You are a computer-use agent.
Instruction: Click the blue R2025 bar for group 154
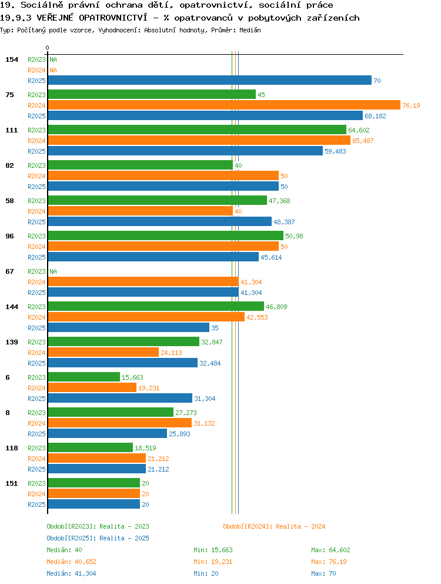click(210, 81)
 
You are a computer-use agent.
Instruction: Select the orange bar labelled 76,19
click(225, 105)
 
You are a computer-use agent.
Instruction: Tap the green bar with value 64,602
click(197, 130)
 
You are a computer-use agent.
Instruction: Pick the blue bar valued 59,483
click(185, 151)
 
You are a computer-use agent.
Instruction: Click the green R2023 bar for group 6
click(84, 377)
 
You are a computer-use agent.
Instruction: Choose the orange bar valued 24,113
click(103, 352)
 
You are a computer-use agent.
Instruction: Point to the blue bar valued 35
click(129, 327)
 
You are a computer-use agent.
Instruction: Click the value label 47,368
click(279, 201)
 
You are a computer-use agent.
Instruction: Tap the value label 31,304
click(205, 399)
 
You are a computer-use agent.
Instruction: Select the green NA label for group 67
click(54, 271)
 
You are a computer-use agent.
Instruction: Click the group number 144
click(12, 307)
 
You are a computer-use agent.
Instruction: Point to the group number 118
click(12, 448)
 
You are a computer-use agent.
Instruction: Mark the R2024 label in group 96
click(36, 247)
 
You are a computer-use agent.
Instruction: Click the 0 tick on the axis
click(47, 48)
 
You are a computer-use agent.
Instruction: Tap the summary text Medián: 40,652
click(71, 562)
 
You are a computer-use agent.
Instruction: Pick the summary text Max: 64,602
click(330, 550)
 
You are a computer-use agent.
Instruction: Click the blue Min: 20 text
click(206, 573)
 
